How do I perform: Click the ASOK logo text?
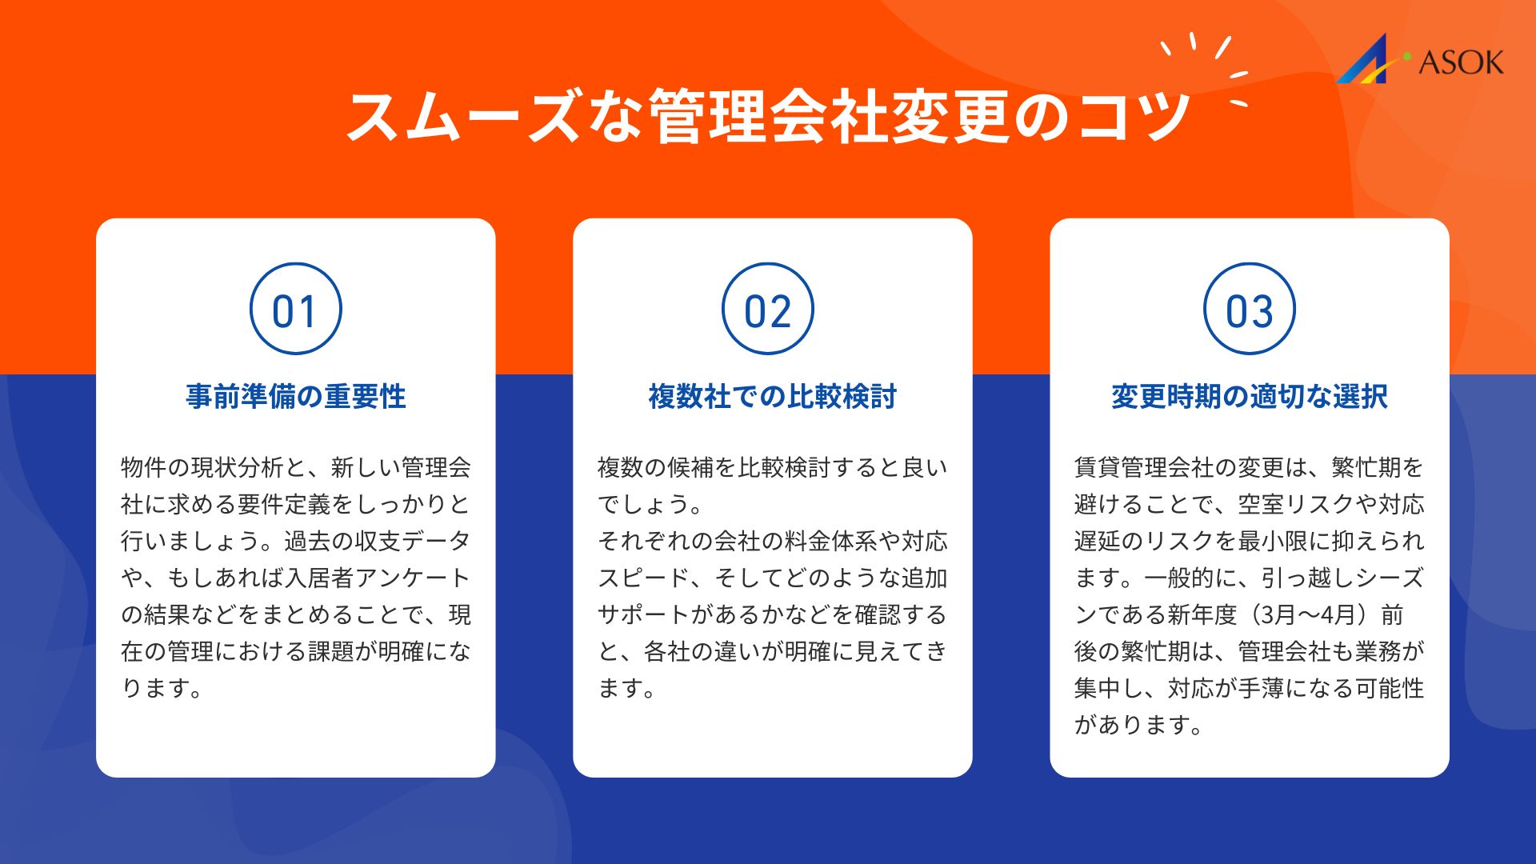coord(1461,62)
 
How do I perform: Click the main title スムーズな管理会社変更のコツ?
coord(768,117)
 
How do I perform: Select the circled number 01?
coord(296,309)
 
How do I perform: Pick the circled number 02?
coord(768,309)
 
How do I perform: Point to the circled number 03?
coord(1250,309)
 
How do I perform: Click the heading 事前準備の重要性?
coord(296,396)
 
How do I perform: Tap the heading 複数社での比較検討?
coord(773,396)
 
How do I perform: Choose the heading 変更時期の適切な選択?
coord(1250,396)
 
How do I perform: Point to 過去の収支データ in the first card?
coord(378,541)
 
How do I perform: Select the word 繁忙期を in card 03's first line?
coord(1378,467)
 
